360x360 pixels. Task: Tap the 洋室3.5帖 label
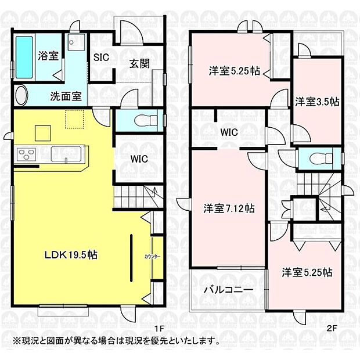tap(316, 102)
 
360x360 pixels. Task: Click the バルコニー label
tap(228, 289)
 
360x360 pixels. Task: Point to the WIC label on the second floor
tap(229, 132)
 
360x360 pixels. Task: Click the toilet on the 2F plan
tap(318, 157)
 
